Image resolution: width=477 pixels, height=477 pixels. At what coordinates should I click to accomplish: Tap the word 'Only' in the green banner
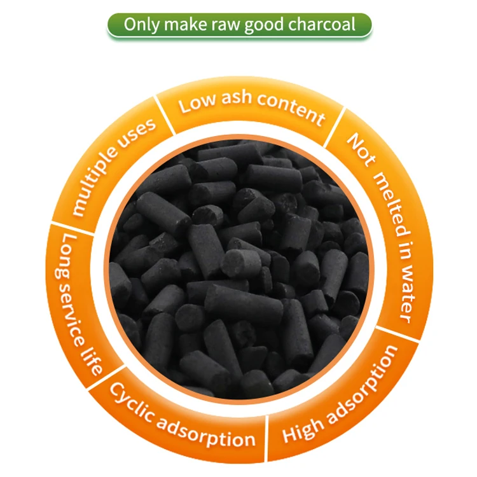(139, 25)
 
